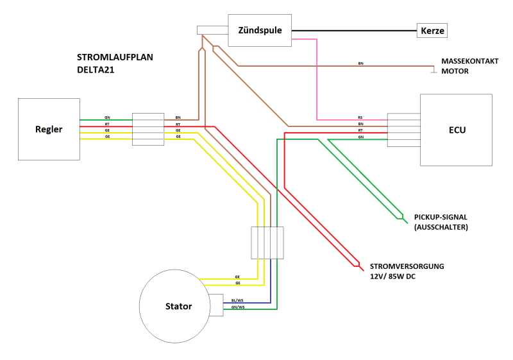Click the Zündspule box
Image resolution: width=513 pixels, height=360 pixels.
tap(260, 30)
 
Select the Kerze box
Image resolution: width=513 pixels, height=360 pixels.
tap(432, 30)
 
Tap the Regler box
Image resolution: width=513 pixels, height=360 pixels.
tap(49, 129)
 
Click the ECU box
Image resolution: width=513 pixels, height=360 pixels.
tap(456, 130)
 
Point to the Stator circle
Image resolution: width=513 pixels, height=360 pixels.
tap(174, 306)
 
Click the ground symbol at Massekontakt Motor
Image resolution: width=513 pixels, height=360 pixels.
tap(434, 70)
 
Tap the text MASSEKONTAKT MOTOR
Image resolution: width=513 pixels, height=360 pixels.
tap(470, 66)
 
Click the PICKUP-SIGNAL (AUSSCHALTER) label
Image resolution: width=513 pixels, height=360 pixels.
tap(441, 222)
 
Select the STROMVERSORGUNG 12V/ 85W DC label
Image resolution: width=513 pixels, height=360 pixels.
tap(407, 271)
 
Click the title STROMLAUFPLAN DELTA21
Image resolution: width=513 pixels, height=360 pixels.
tap(115, 64)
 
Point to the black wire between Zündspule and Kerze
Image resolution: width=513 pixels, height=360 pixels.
tap(354, 31)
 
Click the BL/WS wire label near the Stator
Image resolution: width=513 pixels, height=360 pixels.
tap(237, 300)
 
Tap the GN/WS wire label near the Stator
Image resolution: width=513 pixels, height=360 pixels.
tap(238, 307)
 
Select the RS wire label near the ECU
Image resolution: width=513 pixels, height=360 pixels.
tap(360, 117)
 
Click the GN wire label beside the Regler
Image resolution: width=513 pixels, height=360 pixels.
tap(107, 117)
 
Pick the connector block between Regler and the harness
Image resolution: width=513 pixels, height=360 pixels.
tap(148, 129)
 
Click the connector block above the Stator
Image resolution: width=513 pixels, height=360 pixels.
tap(267, 243)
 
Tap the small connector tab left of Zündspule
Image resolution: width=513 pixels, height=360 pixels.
tap(212, 30)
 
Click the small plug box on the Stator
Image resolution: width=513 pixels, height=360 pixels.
tap(216, 305)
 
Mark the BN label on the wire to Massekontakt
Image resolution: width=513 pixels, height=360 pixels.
tap(360, 63)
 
